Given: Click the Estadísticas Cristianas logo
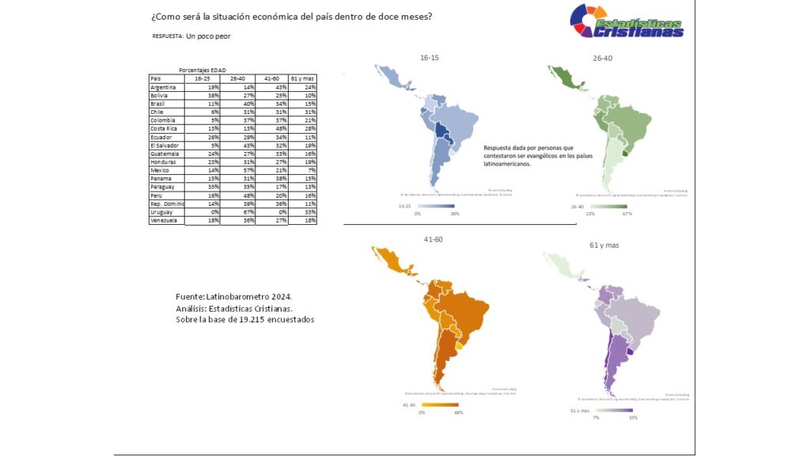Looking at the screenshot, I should coord(626,21).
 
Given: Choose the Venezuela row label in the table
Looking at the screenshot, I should coord(165,221).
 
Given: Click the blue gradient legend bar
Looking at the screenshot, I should coord(434,205).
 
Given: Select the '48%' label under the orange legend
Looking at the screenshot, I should coord(457,412).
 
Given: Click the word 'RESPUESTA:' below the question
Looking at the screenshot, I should coord(168,36).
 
